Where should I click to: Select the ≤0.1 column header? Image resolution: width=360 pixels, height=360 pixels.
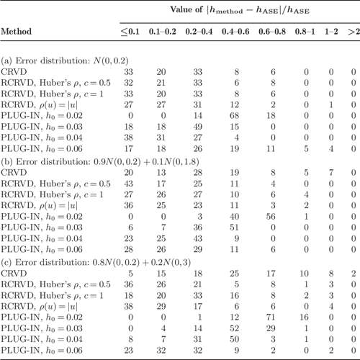tap(131, 32)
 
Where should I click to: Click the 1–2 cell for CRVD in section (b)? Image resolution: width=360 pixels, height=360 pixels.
tap(332, 174)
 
